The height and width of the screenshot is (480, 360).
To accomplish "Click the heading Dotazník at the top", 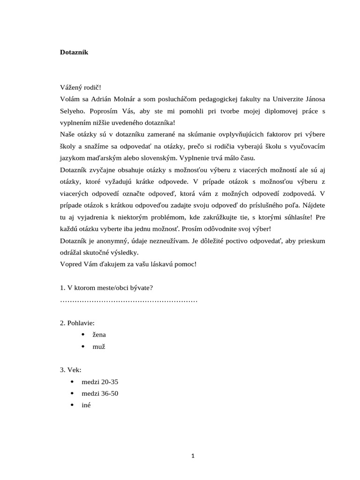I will click(x=74, y=52).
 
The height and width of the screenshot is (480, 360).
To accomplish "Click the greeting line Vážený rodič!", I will click(x=80, y=87).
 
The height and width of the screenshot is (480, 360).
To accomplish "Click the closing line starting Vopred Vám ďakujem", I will click(x=128, y=264).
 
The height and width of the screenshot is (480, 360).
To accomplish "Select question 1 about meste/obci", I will click(x=106, y=287).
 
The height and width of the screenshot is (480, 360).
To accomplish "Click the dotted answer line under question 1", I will click(x=129, y=299).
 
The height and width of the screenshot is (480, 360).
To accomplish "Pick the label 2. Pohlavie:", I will click(x=77, y=323).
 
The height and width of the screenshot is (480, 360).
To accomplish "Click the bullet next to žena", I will click(x=82, y=335).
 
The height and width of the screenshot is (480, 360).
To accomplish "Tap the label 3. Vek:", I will click(x=71, y=370).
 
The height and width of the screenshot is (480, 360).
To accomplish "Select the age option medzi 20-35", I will click(x=99, y=382).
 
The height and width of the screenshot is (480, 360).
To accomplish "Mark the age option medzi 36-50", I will click(x=99, y=394).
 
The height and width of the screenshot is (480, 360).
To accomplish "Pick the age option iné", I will click(x=86, y=405).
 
